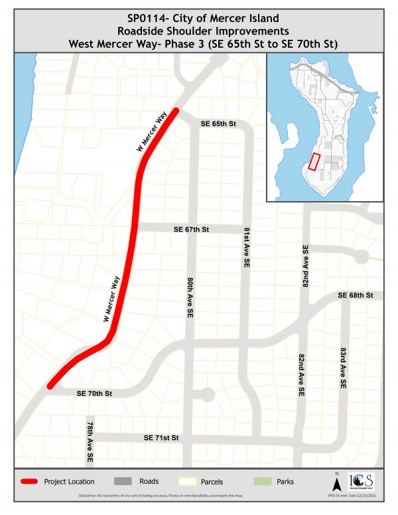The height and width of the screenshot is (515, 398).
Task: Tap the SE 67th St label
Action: pos(191,229)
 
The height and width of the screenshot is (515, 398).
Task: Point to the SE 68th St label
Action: pos(356,294)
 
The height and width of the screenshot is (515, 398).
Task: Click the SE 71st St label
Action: pos(162,439)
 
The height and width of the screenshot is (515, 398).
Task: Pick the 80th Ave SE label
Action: pos(190,295)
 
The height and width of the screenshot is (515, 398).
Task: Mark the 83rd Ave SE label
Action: pos(344,368)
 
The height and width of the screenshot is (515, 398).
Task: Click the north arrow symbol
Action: pos(336,480)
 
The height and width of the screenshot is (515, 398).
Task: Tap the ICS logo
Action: pos(360,480)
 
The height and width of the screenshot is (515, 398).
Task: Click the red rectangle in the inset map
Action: pos(315,163)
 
